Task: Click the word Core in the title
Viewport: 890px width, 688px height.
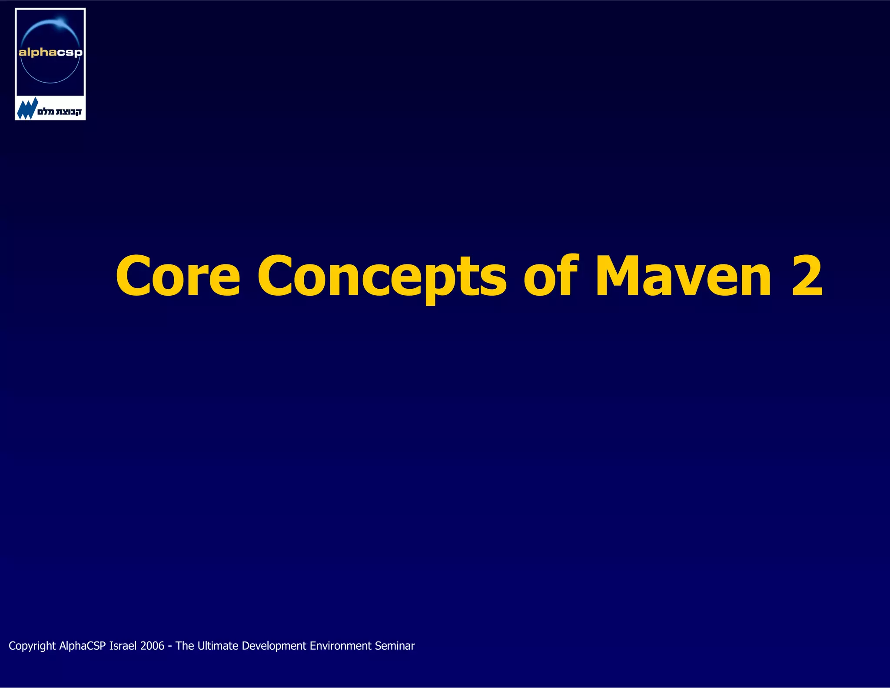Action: (x=178, y=276)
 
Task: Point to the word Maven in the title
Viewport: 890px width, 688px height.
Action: (x=683, y=276)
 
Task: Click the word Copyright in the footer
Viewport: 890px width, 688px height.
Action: (x=32, y=646)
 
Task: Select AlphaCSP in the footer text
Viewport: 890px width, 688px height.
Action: (x=83, y=646)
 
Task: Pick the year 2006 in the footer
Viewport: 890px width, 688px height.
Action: (x=152, y=646)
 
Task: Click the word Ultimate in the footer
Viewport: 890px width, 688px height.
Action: (x=218, y=646)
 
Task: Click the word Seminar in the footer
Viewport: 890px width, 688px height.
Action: (x=395, y=646)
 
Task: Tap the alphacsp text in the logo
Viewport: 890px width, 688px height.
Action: (x=50, y=53)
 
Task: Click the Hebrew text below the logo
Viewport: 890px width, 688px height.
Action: (x=60, y=111)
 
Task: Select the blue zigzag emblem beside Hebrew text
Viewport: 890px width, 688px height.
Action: (x=27, y=109)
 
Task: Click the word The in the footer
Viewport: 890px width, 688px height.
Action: (x=185, y=646)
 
